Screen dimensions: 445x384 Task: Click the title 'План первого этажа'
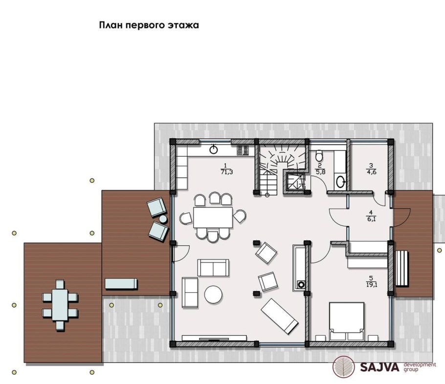click(x=149, y=25)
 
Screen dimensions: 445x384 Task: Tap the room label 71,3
click(x=226, y=172)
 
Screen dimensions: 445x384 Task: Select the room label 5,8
click(x=320, y=172)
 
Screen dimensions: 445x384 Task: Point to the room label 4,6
click(x=371, y=172)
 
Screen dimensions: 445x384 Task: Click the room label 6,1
click(x=371, y=219)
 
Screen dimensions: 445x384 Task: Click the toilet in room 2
click(x=319, y=155)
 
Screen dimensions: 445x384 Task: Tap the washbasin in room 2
click(x=340, y=182)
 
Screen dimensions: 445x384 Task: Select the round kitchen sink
click(x=213, y=149)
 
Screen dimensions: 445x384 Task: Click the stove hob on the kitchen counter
click(x=243, y=150)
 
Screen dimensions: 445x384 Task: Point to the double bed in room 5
click(x=347, y=321)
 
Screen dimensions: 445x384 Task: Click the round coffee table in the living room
click(x=213, y=295)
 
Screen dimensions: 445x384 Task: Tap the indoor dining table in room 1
click(x=213, y=217)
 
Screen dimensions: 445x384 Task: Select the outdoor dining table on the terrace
click(x=60, y=305)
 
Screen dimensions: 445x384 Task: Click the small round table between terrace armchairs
click(x=163, y=219)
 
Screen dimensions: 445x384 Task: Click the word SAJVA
click(x=380, y=367)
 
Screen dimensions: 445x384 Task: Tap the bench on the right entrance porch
click(x=401, y=268)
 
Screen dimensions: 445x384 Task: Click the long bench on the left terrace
click(x=121, y=284)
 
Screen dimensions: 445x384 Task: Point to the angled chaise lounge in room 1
click(x=280, y=316)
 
